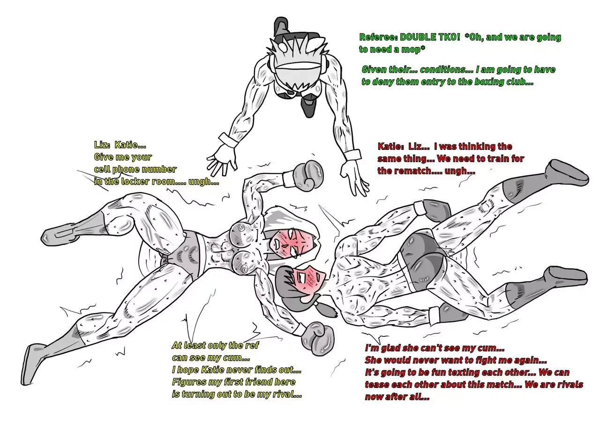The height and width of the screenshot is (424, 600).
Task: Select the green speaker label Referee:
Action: pyautogui.click(x=378, y=37)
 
